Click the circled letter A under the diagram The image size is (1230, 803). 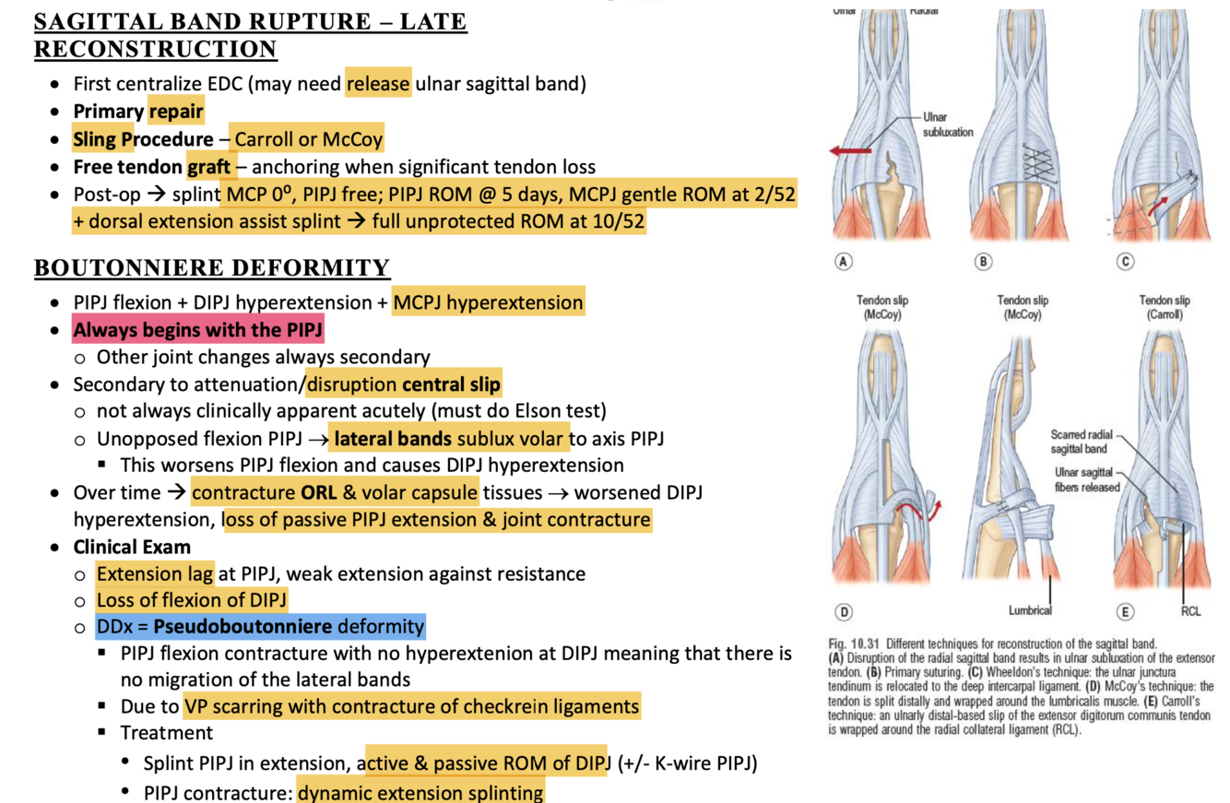(843, 262)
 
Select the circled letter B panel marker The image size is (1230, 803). (984, 262)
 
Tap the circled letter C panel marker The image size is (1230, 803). (1125, 262)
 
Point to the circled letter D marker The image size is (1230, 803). (843, 610)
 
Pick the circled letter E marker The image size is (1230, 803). (1125, 610)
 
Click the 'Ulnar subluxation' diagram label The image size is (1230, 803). (947, 124)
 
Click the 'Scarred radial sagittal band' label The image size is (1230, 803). (1081, 442)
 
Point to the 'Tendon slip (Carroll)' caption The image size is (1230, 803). (1165, 307)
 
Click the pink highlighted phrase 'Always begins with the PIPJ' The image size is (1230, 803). (198, 329)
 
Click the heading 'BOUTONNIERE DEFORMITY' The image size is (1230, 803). (212, 268)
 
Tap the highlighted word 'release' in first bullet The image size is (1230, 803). (378, 85)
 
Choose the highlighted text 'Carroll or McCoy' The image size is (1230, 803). (307, 140)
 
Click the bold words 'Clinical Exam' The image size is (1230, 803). (132, 547)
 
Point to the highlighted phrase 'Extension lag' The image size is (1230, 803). (155, 573)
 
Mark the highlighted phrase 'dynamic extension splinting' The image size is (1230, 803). (420, 791)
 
